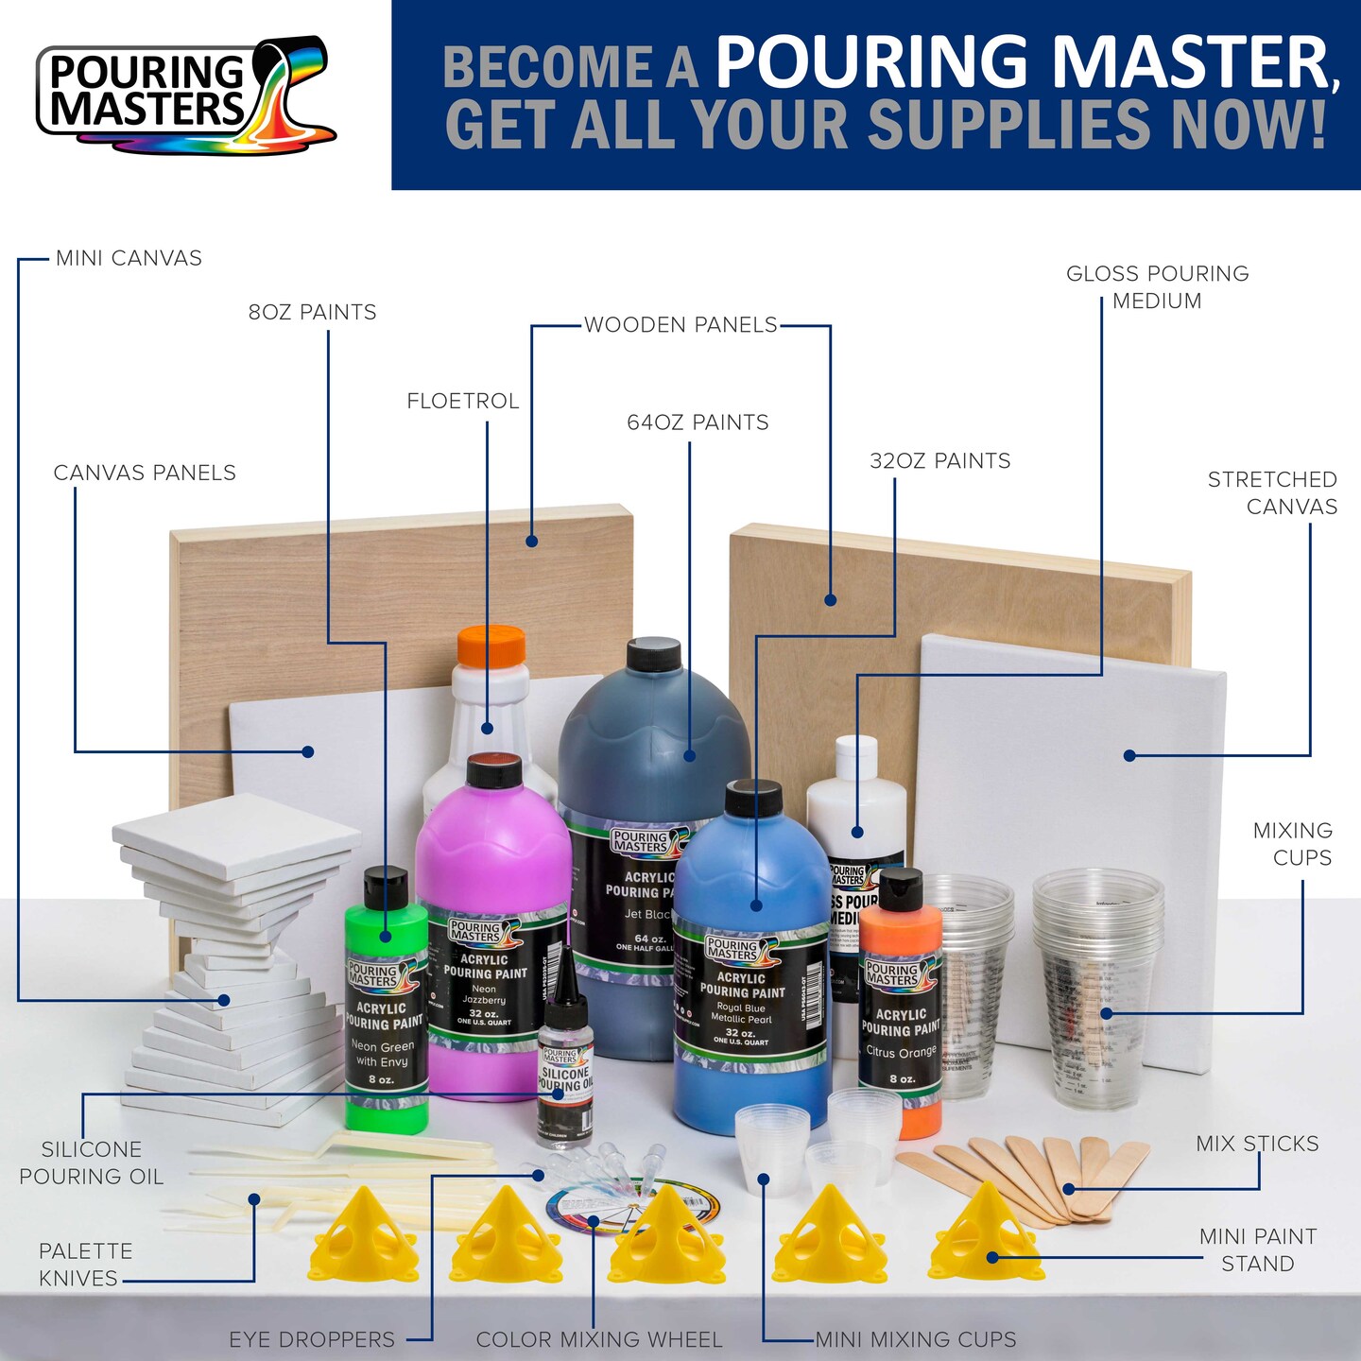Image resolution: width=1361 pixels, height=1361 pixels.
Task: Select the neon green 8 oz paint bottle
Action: click(x=385, y=1002)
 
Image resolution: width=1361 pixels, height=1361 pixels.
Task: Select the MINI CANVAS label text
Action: click(x=129, y=258)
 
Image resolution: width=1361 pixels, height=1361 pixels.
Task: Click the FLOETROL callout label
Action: click(x=463, y=401)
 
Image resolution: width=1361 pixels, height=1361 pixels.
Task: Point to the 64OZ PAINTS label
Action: click(x=698, y=422)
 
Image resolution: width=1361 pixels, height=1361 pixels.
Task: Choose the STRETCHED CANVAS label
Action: click(x=1272, y=492)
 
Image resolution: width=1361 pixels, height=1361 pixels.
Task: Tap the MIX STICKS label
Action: click(x=1257, y=1144)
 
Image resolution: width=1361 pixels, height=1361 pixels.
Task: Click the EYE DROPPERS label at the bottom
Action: click(x=312, y=1339)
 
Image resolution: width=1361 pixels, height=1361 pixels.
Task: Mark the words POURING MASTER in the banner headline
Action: click(x=1025, y=61)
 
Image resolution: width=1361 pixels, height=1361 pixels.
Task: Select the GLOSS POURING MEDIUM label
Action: click(x=1157, y=287)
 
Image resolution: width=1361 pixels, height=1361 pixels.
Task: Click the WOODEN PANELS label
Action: click(x=680, y=325)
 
